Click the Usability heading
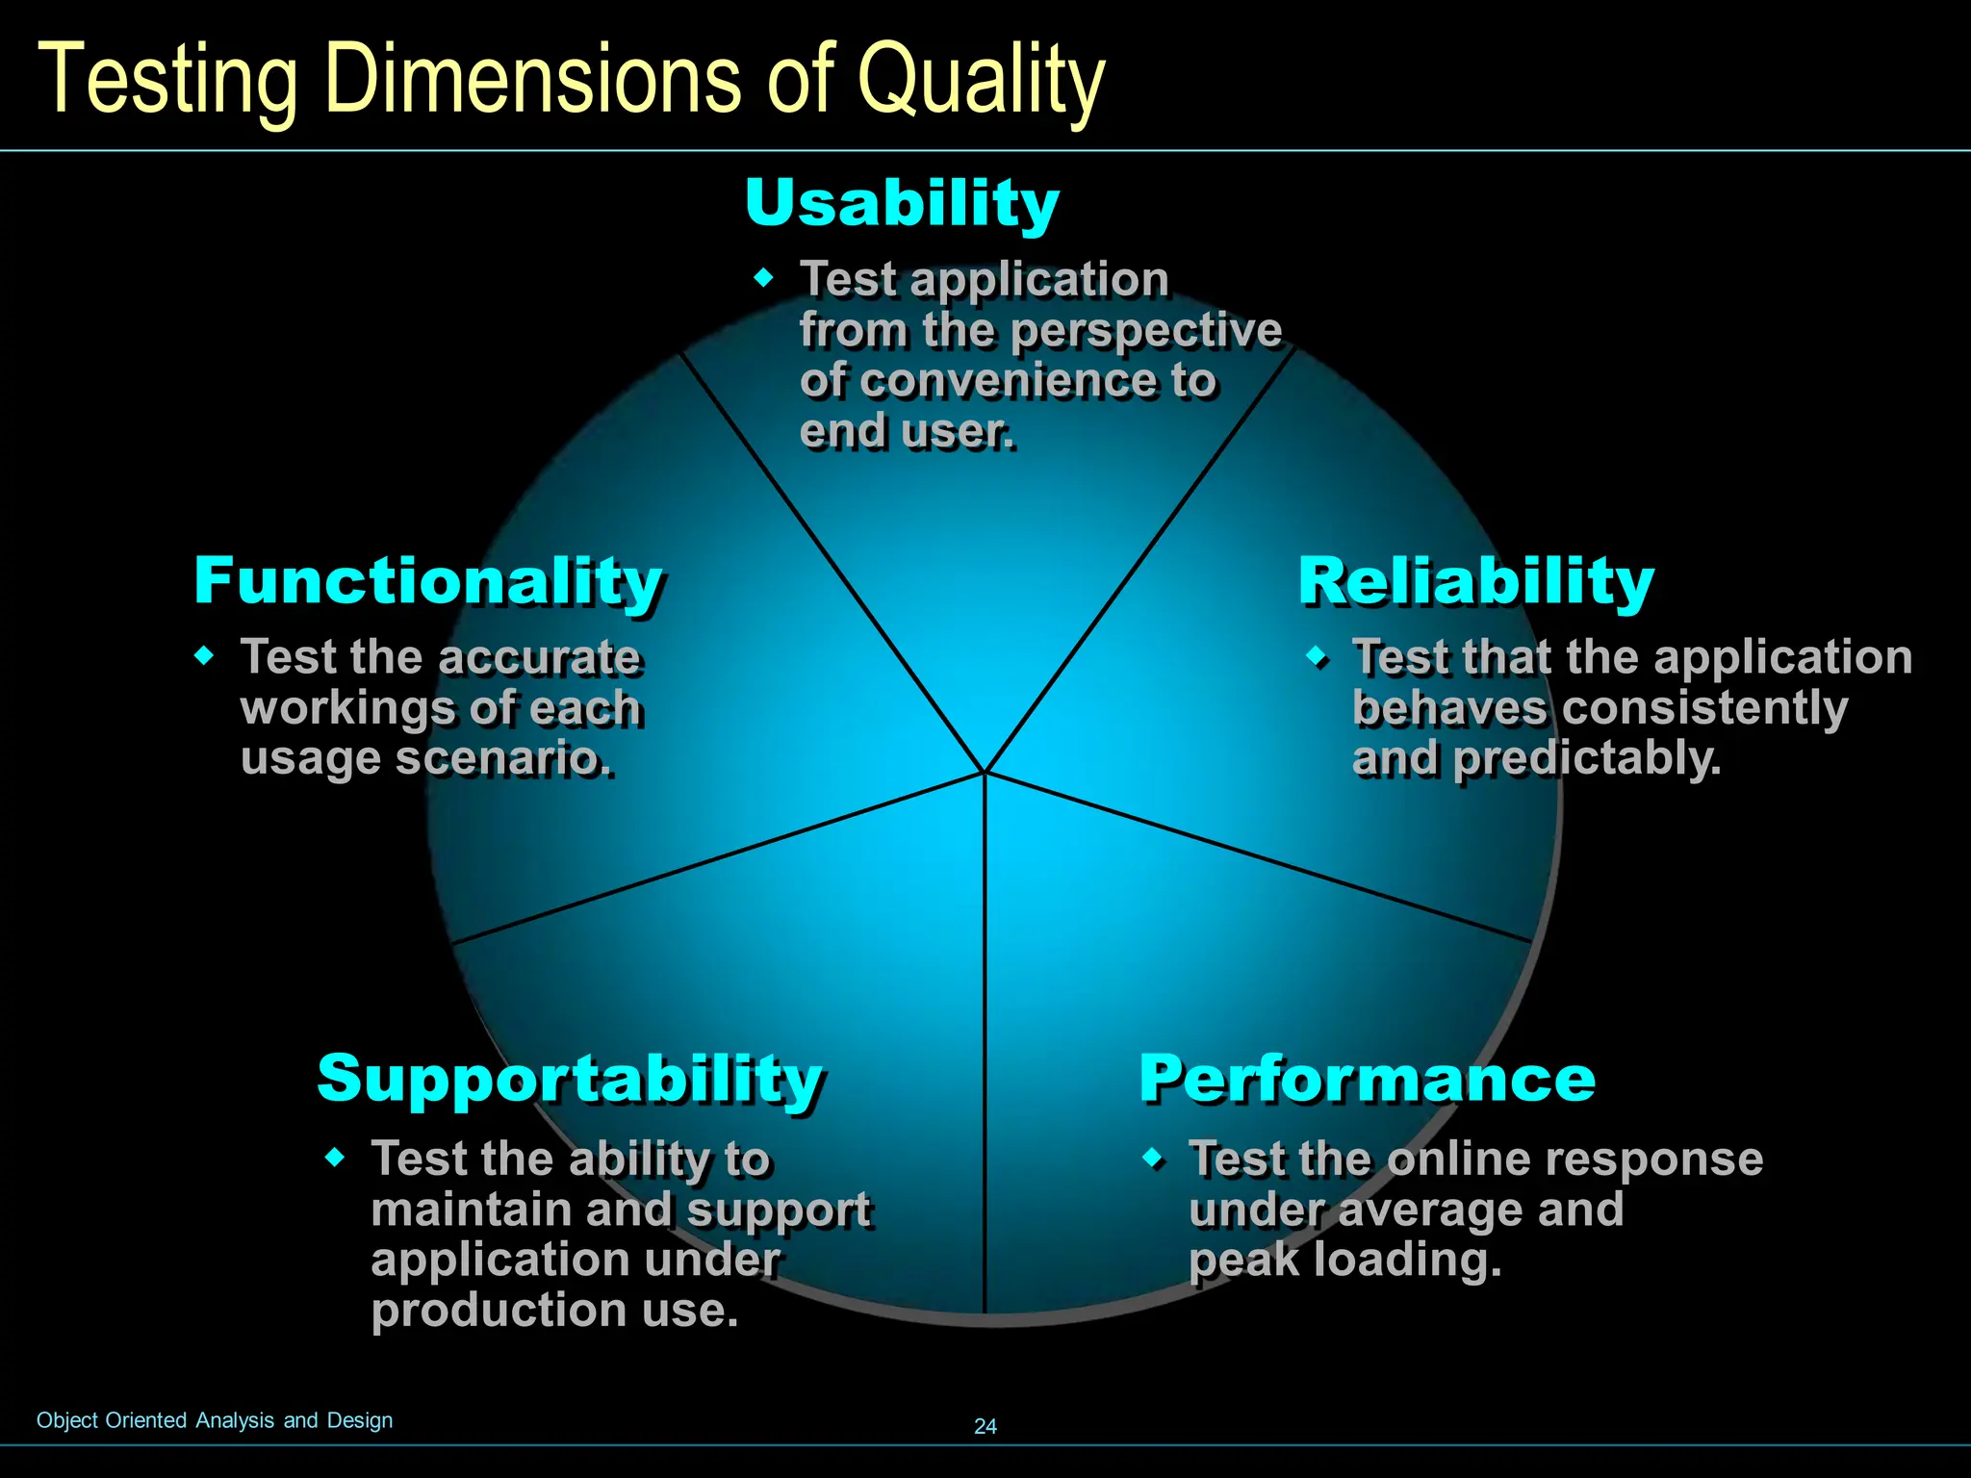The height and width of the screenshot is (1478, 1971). coord(902,203)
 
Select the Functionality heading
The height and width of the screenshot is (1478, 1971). coord(428,581)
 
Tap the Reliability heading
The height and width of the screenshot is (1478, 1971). coord(1475,581)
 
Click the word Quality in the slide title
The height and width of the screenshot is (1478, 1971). coord(981,82)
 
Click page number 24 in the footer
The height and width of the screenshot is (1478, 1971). coord(985,1426)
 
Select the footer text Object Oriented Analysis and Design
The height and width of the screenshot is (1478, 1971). coord(215,1420)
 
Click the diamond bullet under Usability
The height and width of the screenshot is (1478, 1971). coord(764,278)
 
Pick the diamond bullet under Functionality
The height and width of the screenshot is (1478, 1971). coord(204,656)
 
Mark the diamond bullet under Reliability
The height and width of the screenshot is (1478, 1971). coord(1317,657)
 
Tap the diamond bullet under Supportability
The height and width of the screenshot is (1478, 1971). coord(335,1157)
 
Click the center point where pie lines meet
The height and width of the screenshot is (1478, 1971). coord(985,772)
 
